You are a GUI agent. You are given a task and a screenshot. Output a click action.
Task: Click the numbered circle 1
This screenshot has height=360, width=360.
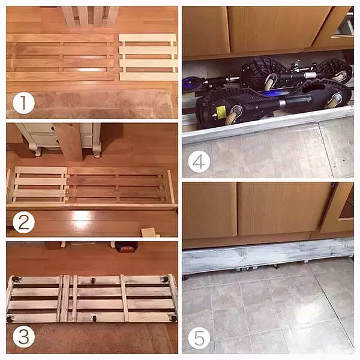pos(23,103)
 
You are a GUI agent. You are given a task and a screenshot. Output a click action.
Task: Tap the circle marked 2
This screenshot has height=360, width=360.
pos(23,222)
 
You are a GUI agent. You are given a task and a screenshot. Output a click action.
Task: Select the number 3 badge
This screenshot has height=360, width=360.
pos(23,337)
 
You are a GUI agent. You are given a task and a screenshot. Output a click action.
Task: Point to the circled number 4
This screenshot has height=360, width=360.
pos(199,161)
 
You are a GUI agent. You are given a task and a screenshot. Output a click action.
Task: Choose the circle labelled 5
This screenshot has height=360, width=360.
pos(199,338)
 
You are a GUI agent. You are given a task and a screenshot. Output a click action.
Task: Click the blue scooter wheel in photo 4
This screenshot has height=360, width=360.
pos(191,83)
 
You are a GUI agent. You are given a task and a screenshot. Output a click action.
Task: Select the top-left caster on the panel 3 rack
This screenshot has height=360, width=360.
pos(17,280)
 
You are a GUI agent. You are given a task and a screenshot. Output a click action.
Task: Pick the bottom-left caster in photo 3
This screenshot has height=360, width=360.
pos(10,319)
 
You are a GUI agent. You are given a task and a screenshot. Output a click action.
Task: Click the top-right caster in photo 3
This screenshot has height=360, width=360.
pos(165,280)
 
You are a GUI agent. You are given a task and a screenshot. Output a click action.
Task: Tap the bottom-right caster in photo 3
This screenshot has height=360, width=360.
pos(173,318)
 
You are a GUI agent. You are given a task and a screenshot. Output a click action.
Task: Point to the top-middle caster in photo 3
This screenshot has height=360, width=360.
pos(93,280)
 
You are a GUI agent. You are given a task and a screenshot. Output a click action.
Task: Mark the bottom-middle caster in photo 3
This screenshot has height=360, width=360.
pos(94,318)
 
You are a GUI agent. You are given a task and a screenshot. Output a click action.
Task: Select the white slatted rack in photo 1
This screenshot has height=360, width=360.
pos(148,57)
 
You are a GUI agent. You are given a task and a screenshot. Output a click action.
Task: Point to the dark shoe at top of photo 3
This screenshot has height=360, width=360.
pos(126,247)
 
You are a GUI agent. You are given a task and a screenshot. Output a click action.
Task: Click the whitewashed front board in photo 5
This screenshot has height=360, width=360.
pos(268,255)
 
